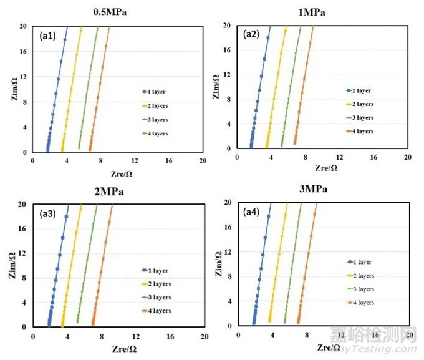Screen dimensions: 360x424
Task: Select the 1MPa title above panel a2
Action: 322,12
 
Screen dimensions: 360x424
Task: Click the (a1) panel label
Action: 48,36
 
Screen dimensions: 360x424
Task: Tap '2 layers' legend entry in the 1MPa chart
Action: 360,104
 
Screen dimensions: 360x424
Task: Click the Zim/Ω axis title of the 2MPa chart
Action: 13,266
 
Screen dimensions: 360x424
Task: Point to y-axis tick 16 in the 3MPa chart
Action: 228,227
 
